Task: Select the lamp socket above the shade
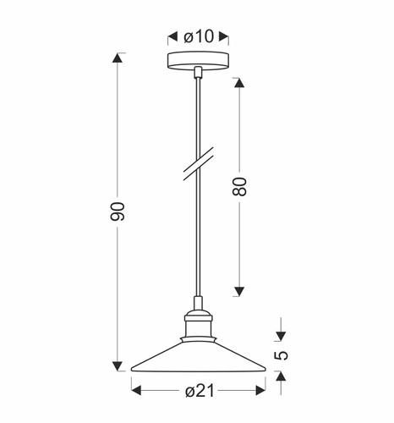[196, 324]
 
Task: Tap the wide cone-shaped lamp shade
[196, 360]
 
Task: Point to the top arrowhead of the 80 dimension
[238, 83]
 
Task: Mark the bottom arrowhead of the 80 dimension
[238, 293]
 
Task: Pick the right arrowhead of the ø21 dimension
[258, 390]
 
